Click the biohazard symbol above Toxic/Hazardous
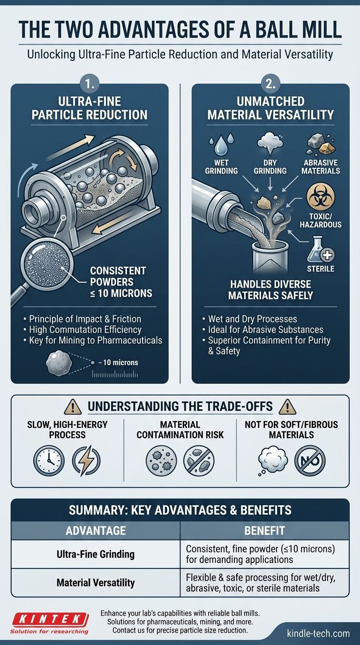tap(320, 197)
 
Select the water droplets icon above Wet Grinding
tap(221, 144)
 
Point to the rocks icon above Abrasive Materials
tap(321, 144)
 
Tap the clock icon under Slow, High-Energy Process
tap(49, 460)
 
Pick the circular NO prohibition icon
tap(310, 461)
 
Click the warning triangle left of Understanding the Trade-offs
tap(73, 406)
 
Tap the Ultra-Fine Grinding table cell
tap(96, 554)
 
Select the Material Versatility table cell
tap(96, 583)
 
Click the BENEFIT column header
tap(264, 531)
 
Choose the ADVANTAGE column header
tap(96, 531)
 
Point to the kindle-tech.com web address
tap(318, 633)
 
